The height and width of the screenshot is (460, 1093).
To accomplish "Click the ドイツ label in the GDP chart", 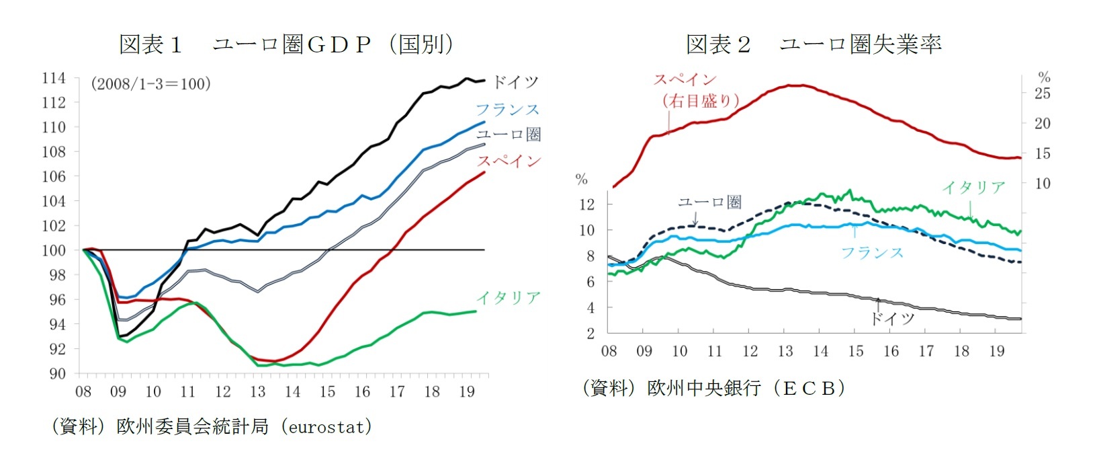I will [x=515, y=82].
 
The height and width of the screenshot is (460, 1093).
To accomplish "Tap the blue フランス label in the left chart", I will [x=507, y=109].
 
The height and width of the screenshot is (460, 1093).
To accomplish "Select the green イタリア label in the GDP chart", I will [x=509, y=297].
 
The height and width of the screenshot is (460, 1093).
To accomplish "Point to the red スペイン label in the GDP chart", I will [x=509, y=161].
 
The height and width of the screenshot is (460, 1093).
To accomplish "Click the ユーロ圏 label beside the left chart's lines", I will [x=509, y=135].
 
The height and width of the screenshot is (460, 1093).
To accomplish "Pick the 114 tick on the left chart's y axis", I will [x=54, y=78].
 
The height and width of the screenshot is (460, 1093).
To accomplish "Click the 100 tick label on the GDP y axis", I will [x=54, y=250].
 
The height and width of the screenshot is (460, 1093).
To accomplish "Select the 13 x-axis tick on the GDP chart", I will [x=257, y=392].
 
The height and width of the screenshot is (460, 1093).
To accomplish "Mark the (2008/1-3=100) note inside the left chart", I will [x=150, y=84].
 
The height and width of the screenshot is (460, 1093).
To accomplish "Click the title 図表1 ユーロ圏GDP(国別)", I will [x=286, y=44].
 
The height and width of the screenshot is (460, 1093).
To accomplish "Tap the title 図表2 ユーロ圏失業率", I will [x=814, y=44].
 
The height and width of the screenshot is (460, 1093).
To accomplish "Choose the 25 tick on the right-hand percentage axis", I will [x=1042, y=93].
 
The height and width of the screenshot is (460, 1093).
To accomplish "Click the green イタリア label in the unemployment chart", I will [x=973, y=188].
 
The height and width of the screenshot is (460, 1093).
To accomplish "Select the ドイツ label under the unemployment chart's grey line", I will [x=892, y=318].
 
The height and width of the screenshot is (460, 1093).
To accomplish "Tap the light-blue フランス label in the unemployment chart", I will [x=872, y=253].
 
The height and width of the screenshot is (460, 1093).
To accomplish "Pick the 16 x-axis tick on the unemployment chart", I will [x=891, y=351].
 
